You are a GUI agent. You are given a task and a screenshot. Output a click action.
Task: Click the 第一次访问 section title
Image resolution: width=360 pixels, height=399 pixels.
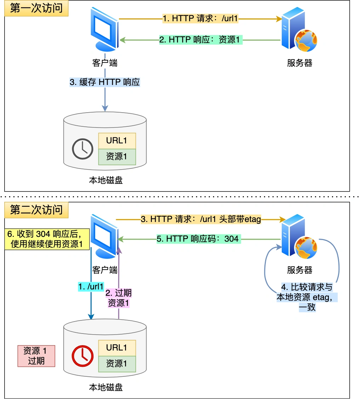(36, 8)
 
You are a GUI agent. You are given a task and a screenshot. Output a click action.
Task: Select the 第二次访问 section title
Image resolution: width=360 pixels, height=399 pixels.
(36, 210)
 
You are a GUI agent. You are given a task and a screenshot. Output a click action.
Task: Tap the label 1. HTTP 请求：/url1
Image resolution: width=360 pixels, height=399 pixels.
(200, 18)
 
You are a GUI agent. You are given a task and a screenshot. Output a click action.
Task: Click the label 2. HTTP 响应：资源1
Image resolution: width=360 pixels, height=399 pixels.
(199, 40)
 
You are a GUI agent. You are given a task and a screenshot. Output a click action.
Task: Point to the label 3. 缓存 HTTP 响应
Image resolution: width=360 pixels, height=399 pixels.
(105, 82)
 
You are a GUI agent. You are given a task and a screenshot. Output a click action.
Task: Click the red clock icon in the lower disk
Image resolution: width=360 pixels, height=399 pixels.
(82, 355)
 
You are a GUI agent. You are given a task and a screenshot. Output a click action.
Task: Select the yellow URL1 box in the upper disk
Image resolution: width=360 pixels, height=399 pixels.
(116, 141)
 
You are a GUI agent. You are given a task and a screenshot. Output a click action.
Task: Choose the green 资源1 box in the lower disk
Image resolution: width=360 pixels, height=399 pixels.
(116, 364)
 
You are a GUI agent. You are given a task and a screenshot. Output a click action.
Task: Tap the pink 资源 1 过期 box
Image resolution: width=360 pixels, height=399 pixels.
(36, 356)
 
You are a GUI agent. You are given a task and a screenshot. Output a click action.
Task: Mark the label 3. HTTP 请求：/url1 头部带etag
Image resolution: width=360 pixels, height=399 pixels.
(201, 220)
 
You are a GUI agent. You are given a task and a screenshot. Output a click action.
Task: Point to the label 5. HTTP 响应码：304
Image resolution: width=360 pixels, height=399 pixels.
(198, 239)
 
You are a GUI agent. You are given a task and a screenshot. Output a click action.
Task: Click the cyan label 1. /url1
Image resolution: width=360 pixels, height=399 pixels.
(91, 286)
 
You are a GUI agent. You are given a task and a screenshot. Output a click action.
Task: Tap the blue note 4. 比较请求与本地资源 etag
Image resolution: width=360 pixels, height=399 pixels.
(307, 297)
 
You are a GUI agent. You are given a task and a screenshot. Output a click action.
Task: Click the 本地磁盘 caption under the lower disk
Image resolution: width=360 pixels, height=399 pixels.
(105, 387)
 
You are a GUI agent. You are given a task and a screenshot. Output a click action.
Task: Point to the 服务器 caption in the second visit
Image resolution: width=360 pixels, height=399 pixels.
(299, 270)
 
